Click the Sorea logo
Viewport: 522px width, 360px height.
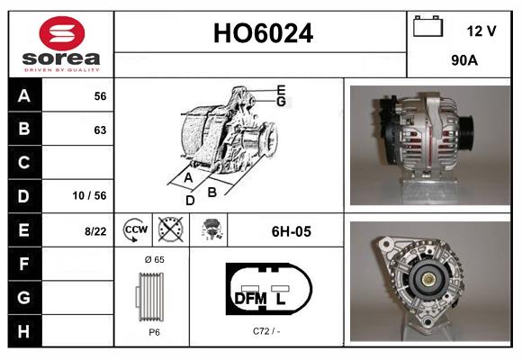[x=61, y=43]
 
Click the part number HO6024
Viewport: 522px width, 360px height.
[x=262, y=34]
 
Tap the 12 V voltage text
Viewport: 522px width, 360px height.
[x=481, y=31]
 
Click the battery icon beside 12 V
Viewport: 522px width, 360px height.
[x=428, y=28]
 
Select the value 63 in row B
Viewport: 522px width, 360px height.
[x=99, y=130]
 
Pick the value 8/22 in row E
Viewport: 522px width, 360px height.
[x=94, y=231]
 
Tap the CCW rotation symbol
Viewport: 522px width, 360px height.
[x=134, y=231]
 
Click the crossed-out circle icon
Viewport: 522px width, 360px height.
[x=169, y=231]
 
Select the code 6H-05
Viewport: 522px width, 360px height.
[x=291, y=231]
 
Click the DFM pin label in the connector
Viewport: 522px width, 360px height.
[x=248, y=298]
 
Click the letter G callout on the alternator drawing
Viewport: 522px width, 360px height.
[x=281, y=102]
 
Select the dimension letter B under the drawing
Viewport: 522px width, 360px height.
[x=212, y=191]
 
